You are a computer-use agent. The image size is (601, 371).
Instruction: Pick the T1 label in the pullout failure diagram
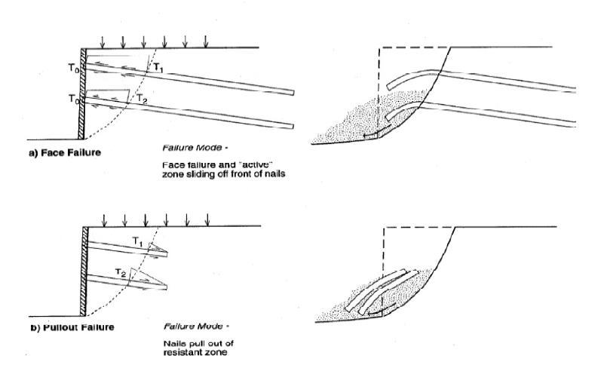[137, 239]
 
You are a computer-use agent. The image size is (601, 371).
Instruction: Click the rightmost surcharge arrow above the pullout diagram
[207, 218]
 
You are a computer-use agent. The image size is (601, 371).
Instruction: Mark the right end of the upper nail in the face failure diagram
[291, 92]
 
